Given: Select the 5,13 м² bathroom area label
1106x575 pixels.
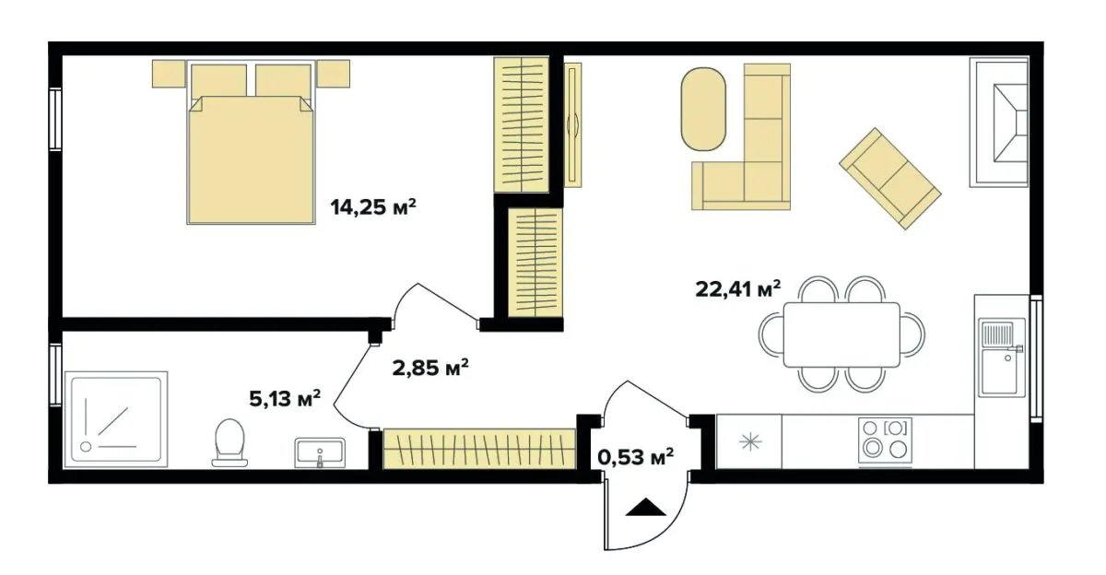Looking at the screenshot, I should [285, 399].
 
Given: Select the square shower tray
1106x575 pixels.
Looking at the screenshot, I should [114, 420].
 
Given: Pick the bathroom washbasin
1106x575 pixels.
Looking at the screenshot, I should [319, 452].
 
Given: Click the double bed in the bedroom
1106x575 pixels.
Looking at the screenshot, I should [250, 147].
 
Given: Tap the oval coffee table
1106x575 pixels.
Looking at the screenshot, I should [704, 108].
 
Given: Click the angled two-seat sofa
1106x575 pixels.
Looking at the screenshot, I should [889, 178].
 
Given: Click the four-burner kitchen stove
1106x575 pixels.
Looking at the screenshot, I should [883, 440].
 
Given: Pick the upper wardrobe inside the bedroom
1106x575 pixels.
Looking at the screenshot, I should [522, 124].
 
